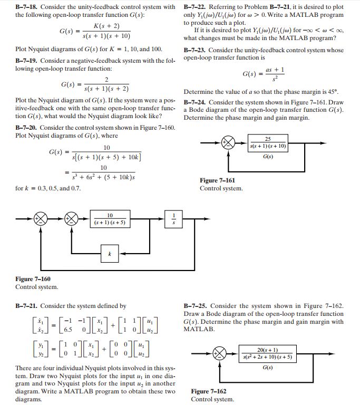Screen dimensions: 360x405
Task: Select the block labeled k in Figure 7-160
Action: pyautogui.click(x=110, y=254)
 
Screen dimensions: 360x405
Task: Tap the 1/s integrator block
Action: pyautogui.click(x=173, y=219)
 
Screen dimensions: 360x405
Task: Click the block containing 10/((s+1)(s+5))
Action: pyautogui.click(x=110, y=219)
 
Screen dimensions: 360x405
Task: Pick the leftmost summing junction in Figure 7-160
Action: pyautogui.click(x=41, y=219)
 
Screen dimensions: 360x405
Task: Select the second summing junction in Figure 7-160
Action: pyautogui.click(x=71, y=219)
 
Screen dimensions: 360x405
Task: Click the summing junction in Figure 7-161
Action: pyautogui.click(x=228, y=143)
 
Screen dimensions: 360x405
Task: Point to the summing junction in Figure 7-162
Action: pyautogui.click(x=219, y=354)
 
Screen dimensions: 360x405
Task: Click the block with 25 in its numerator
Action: pyautogui.click(x=268, y=143)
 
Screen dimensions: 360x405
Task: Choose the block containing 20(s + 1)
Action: pyautogui.click(x=268, y=354)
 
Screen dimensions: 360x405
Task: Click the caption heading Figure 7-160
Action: pyautogui.click(x=33, y=279)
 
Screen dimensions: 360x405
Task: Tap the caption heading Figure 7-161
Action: pyautogui.click(x=217, y=180)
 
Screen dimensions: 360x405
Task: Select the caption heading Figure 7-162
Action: pyautogui.click(x=209, y=391)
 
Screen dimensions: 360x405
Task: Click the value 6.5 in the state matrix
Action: pyautogui.click(x=68, y=330)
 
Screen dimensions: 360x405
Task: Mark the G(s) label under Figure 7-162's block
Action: pyautogui.click(x=268, y=367)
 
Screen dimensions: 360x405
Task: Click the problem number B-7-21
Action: pyautogui.click(x=26, y=306)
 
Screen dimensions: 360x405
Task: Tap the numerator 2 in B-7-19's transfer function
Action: pyautogui.click(x=106, y=80)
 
